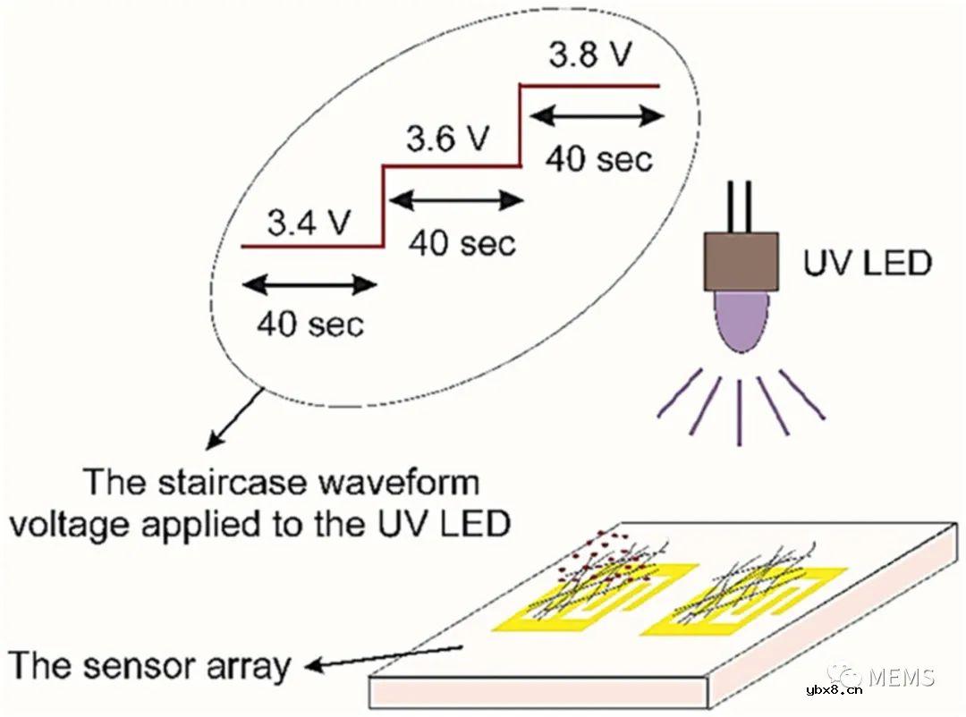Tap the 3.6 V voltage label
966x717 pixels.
[448, 139]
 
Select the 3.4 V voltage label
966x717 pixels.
[308, 223]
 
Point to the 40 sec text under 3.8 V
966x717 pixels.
[598, 158]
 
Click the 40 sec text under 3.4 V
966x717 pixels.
[310, 324]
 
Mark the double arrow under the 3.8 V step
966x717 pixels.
[593, 116]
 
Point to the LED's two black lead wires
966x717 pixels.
[741, 207]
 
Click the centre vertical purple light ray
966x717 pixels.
[738, 410]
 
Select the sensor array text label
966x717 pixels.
[150, 666]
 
